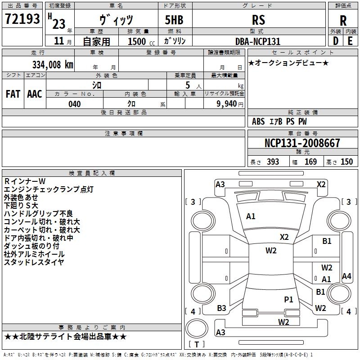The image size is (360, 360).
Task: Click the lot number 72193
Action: tap(22, 18)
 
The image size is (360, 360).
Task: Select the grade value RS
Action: tap(258, 20)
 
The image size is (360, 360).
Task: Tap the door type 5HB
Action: tap(174, 20)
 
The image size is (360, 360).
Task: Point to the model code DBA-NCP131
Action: tap(258, 41)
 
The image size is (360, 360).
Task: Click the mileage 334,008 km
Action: tap(53, 65)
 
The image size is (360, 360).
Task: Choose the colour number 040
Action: tap(74, 104)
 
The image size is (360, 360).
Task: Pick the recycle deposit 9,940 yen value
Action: tap(230, 104)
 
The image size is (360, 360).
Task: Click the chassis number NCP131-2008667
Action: tap(302, 143)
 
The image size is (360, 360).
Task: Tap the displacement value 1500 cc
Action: tap(141, 41)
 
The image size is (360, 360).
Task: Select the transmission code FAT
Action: tap(13, 94)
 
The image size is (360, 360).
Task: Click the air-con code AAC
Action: tap(35, 94)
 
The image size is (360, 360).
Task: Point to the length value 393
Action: tap(273, 162)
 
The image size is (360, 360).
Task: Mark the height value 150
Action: tap(346, 162)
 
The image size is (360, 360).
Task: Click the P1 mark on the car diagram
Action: tap(288, 299)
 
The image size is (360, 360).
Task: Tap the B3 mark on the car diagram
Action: tap(221, 308)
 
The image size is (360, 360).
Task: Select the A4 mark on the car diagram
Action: tap(346, 276)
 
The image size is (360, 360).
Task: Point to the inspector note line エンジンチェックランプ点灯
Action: tap(49, 189)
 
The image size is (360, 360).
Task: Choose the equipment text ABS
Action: tap(258, 121)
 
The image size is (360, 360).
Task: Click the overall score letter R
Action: tap(343, 21)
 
